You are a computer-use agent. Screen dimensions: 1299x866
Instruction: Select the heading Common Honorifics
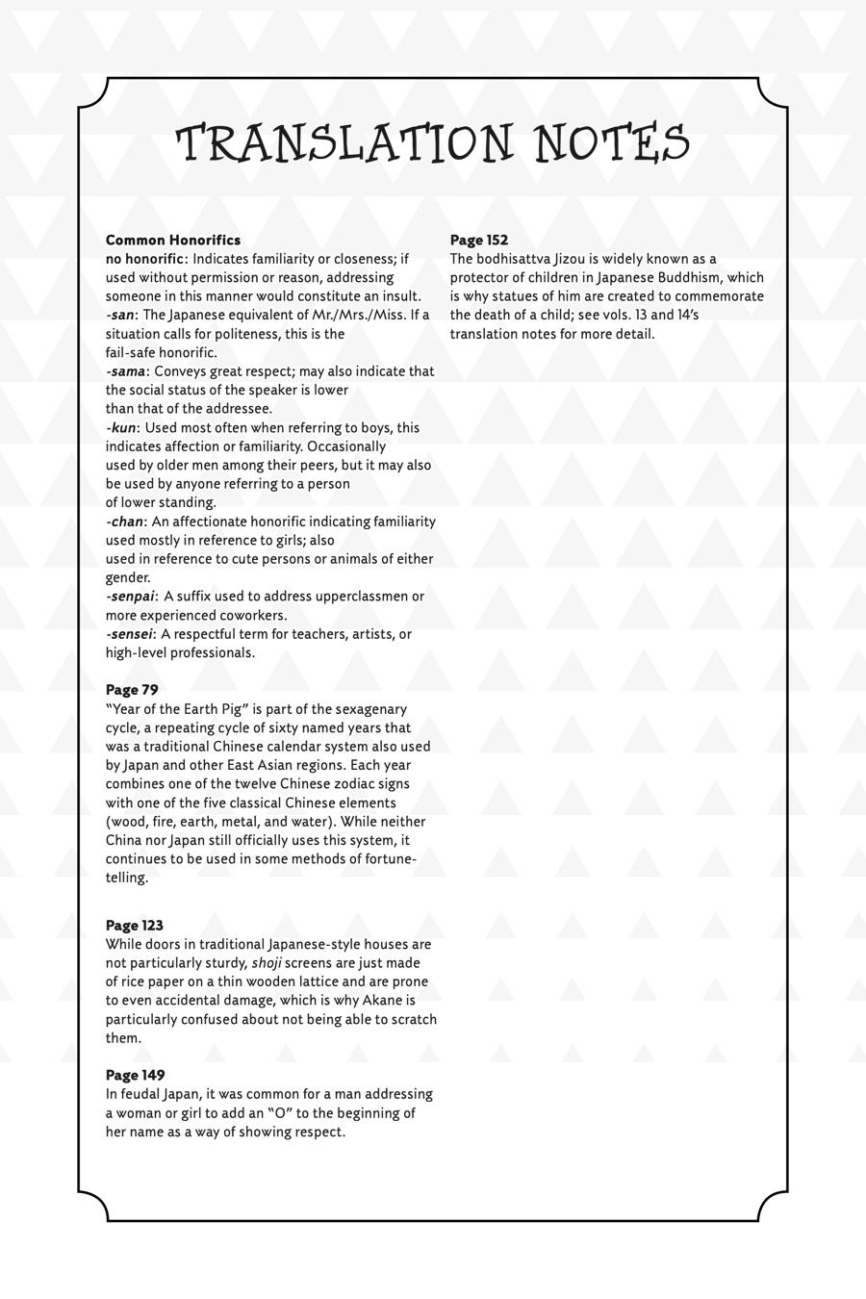click(173, 240)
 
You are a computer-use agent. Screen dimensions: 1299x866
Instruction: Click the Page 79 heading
click(132, 690)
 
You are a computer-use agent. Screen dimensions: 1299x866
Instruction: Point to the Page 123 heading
click(135, 926)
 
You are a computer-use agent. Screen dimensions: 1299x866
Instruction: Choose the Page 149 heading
click(135, 1075)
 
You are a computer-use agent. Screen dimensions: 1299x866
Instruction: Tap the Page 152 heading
click(479, 240)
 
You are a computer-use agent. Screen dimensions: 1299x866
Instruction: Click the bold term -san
click(120, 315)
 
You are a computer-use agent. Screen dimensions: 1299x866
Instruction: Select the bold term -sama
click(126, 371)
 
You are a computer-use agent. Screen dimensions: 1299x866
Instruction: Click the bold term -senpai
click(130, 597)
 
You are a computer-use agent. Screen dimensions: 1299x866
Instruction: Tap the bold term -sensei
click(129, 634)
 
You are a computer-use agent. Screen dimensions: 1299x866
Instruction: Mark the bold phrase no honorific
click(144, 259)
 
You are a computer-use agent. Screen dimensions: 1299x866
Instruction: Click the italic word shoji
click(267, 963)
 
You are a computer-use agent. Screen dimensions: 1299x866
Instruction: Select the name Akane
click(382, 1001)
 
